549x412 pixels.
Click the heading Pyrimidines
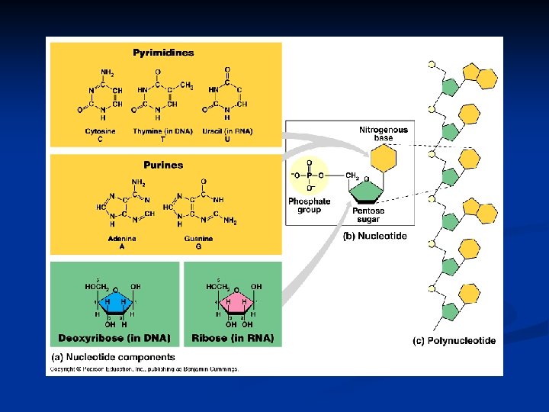(163, 53)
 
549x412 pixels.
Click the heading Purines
(163, 165)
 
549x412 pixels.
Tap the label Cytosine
(101, 131)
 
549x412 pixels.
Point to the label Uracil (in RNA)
(227, 131)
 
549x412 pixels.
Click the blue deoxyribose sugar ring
(115, 302)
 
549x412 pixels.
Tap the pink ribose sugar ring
(236, 302)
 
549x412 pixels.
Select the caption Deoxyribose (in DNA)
(114, 337)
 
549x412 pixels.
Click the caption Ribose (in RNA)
(233, 337)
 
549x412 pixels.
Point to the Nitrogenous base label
(384, 134)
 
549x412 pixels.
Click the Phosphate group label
(310, 205)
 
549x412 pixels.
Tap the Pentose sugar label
(369, 214)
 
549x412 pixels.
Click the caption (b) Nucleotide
(374, 237)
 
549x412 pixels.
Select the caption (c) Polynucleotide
(454, 341)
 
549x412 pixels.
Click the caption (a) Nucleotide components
(113, 356)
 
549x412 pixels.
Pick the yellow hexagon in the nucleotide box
(384, 159)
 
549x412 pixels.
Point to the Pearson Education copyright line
(145, 369)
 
